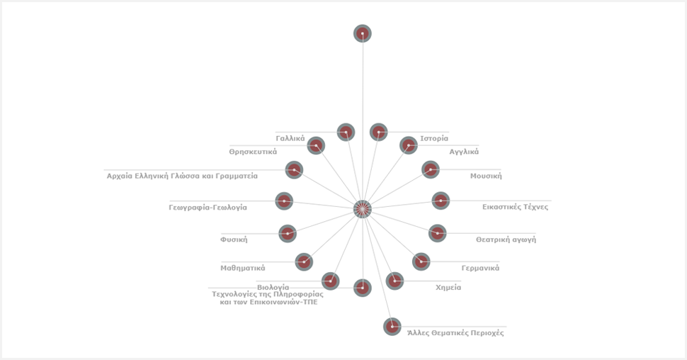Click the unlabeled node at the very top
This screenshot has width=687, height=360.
[x=362, y=33]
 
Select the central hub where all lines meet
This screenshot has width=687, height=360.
[x=362, y=209]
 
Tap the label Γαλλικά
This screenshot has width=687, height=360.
[x=290, y=138]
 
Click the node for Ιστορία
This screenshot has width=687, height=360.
[x=379, y=132]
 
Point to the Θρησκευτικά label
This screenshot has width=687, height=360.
[x=253, y=152]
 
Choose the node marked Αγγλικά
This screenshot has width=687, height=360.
[x=409, y=145]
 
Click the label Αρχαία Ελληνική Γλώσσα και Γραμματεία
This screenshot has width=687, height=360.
[x=182, y=176]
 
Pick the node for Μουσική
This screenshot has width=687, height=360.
[x=431, y=169]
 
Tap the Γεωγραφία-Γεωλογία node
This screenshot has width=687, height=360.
[x=284, y=201]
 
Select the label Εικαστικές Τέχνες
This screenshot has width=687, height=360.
[x=515, y=207]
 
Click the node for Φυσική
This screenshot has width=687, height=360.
[x=288, y=233]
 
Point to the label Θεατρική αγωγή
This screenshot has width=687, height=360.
[x=506, y=240]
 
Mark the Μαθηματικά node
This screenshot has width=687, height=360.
[x=304, y=261]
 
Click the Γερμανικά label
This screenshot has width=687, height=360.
[x=480, y=268]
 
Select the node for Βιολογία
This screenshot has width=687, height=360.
[x=331, y=281]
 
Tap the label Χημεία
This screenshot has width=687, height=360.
[x=448, y=288]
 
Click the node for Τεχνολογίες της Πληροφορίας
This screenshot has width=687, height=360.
[x=362, y=288]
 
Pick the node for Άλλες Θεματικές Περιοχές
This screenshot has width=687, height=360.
[x=392, y=326]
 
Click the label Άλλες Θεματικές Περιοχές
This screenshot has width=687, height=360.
[x=455, y=332]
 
